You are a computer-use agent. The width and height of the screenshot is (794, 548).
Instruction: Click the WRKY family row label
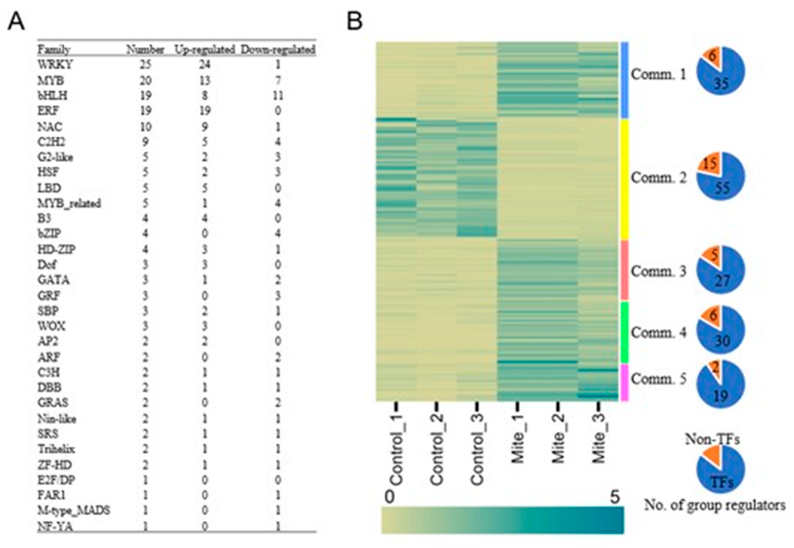[x=55, y=64]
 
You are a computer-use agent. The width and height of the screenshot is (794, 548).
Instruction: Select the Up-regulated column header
[x=204, y=50]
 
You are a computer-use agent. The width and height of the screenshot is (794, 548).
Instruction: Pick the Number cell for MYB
[x=146, y=80]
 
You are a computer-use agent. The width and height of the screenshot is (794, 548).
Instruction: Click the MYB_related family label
[x=69, y=203]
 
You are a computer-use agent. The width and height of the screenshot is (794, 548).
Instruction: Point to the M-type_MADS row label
[x=74, y=510]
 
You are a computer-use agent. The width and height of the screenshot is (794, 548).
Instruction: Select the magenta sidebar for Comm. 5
[x=624, y=382]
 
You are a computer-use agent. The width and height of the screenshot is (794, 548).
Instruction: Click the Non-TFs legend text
[x=712, y=439]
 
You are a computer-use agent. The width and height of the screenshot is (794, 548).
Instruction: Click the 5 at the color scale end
[x=615, y=497]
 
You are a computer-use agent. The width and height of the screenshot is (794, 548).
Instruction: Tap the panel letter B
[x=355, y=22]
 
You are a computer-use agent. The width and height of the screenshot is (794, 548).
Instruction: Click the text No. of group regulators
[x=715, y=505]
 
